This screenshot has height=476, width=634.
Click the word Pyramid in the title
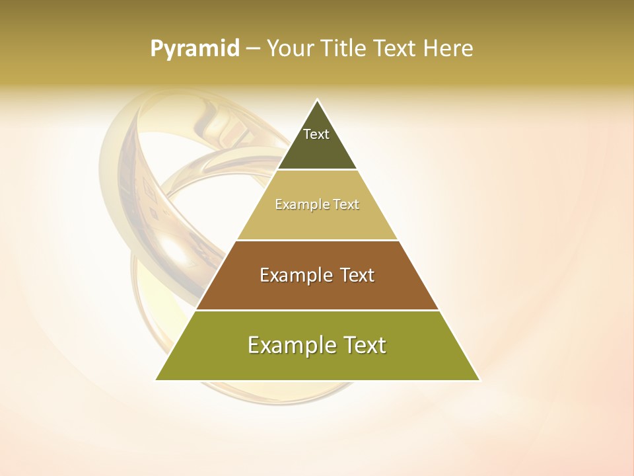[194, 49]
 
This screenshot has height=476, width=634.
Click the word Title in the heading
[343, 49]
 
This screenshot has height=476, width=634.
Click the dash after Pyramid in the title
[252, 49]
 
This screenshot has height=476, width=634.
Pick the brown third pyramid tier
[317, 291]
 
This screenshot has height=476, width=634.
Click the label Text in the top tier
[316, 134]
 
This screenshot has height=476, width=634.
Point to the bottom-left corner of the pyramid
[157, 380]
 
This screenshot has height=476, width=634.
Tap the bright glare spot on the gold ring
[174, 249]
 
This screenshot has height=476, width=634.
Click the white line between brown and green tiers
[317, 309]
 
